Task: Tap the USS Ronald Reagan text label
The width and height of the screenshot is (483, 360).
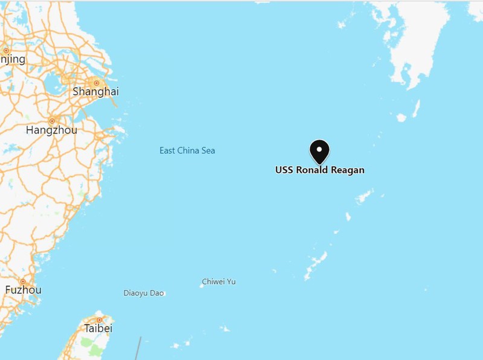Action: (x=320, y=170)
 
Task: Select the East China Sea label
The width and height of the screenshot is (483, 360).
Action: (x=187, y=150)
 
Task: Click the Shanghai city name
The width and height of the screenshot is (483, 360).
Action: (x=95, y=92)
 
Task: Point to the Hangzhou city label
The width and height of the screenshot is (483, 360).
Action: (x=51, y=129)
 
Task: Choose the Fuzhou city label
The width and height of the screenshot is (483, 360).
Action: (x=23, y=290)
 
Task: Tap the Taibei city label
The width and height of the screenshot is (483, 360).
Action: (x=99, y=329)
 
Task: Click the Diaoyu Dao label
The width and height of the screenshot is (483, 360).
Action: (x=143, y=293)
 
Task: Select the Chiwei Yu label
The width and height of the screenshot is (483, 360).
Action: (x=219, y=281)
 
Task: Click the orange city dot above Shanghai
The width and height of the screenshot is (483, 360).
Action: (x=95, y=82)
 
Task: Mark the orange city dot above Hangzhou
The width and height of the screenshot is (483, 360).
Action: (x=52, y=120)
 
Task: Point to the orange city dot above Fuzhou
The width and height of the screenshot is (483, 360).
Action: (x=23, y=281)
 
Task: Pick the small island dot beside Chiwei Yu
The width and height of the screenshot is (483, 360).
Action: (x=201, y=285)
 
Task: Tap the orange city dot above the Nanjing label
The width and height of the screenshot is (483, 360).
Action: (x=6, y=51)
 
